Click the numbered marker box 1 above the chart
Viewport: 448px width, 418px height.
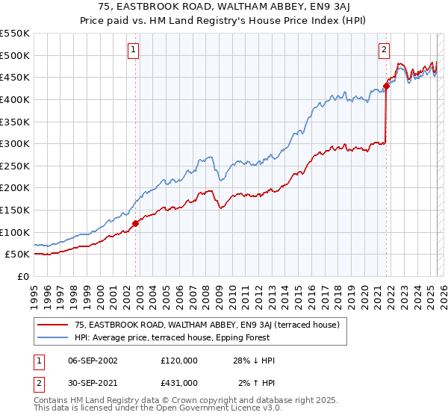tap(133, 50)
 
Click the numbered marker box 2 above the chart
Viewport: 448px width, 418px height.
tap(384, 50)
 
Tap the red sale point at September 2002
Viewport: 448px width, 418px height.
tap(135, 223)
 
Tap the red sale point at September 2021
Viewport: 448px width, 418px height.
tap(386, 86)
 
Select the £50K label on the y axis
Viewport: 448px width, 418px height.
tap(17, 255)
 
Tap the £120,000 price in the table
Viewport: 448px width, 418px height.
tap(179, 361)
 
